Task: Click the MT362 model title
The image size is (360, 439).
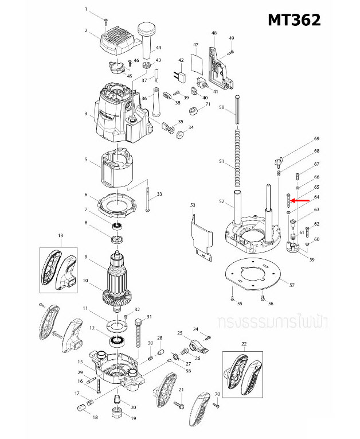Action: coord(294,20)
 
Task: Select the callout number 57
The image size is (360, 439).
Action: coord(292,285)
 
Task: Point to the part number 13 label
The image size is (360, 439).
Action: coord(60,236)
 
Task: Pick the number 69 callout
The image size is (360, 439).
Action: coord(316,139)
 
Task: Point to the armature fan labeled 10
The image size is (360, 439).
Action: coord(117,298)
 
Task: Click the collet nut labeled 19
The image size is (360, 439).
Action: coord(117,411)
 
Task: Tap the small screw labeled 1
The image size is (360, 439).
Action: coord(107,20)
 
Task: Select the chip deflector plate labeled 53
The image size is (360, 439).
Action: coord(202,232)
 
